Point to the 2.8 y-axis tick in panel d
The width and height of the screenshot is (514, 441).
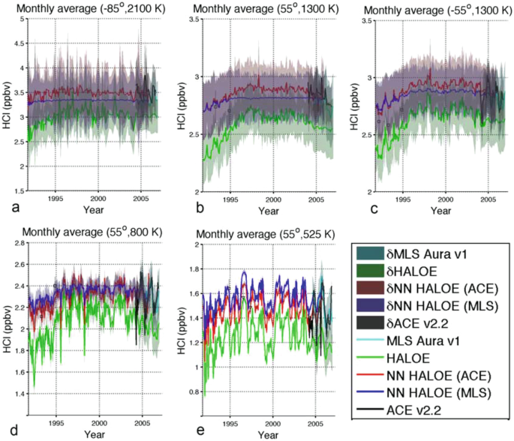(x=14, y=244)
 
